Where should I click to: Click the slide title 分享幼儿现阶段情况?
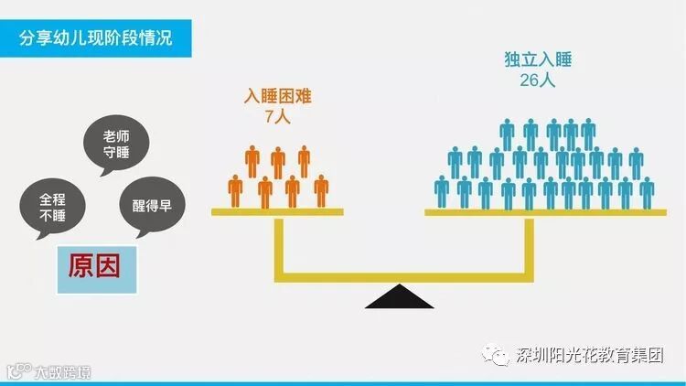point(96,39)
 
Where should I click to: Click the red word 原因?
point(95,266)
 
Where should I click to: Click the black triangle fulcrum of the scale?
point(400,297)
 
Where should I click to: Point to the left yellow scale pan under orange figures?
point(277,212)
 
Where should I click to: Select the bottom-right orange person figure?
point(321,190)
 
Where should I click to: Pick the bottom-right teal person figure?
point(647,191)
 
